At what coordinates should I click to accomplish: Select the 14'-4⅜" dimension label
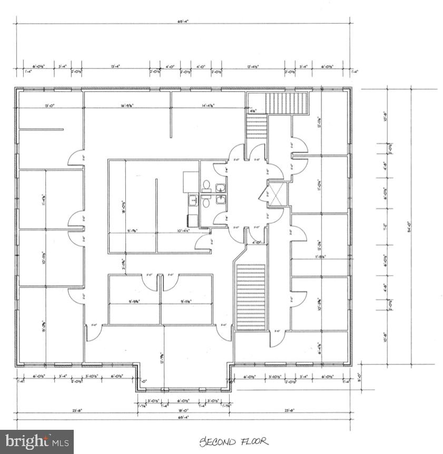coord(210,106)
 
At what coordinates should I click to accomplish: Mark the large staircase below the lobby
coord(251,297)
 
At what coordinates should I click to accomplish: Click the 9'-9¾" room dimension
coord(134,301)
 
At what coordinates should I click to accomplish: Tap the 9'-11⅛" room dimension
coord(186,301)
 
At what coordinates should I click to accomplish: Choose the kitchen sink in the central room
coord(193,200)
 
